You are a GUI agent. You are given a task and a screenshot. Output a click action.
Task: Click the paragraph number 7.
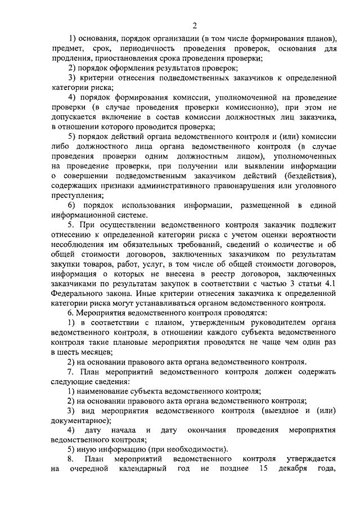point(70,371)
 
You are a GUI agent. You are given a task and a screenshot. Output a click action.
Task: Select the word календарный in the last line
point(141,469)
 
